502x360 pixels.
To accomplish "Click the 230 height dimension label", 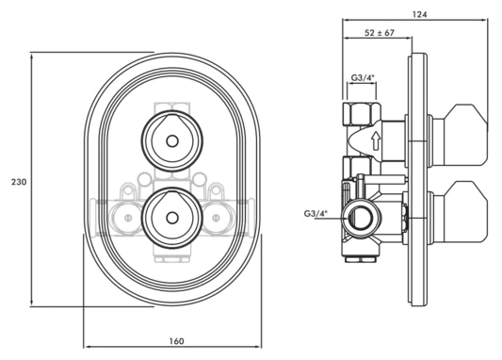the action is pos(19,182).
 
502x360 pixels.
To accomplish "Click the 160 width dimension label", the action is pos(176,341).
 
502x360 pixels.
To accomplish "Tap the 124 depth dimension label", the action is pos(419,14).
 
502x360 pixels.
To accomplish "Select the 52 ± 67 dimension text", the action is pos(380,33).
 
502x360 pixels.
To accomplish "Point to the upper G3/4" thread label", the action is pos(363,77).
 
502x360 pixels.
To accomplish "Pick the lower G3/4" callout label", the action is pos(316,214).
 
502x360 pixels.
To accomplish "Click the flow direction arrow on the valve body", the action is pos(375,141).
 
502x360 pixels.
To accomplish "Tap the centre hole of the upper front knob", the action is pos(172,141).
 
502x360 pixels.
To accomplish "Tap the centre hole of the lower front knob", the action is pos(172,218).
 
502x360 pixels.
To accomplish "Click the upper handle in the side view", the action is pos(460,135).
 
